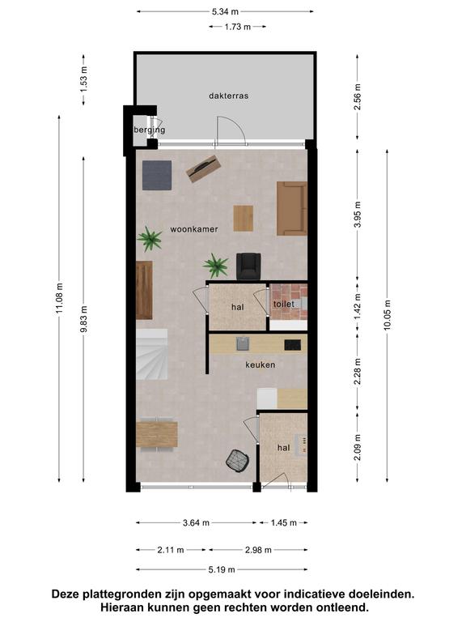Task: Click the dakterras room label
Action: click(229, 96)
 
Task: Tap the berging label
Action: click(150, 130)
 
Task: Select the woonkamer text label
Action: click(194, 229)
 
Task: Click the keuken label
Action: click(260, 364)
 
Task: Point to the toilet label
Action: click(284, 304)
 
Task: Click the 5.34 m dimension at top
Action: click(225, 11)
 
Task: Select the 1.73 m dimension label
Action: click(237, 27)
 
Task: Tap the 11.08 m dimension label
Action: click(59, 298)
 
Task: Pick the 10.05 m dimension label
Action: click(388, 315)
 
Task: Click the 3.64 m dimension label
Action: click(196, 523)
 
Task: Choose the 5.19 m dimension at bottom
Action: click(222, 569)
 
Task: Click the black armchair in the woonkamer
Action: click(248, 266)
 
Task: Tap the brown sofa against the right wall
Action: click(292, 208)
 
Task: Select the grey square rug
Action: click(157, 175)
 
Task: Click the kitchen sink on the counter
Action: click(243, 343)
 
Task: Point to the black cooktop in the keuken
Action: click(292, 345)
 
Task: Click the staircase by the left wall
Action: click(152, 354)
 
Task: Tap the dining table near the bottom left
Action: click(156, 434)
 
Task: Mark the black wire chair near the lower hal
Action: click(238, 461)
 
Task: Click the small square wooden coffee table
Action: click(244, 218)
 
